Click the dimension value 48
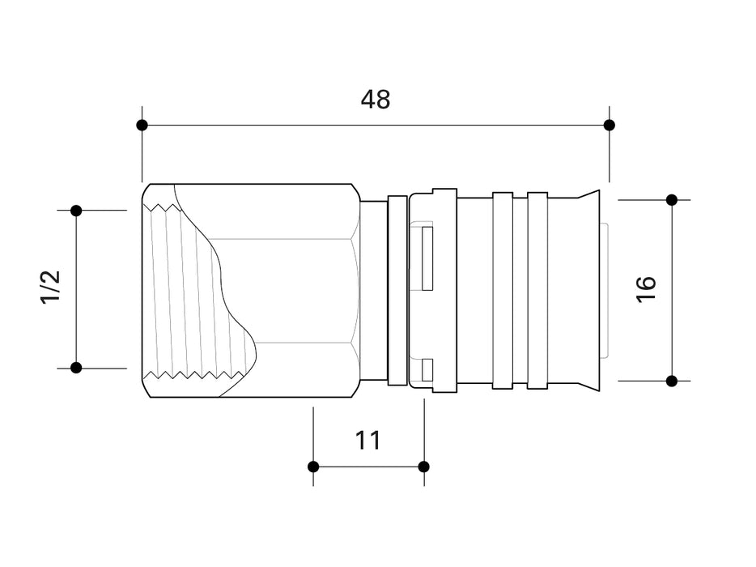(x=376, y=99)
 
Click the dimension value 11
(x=368, y=441)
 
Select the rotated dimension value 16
(x=646, y=289)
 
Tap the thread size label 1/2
(x=50, y=288)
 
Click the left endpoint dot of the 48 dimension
(x=142, y=125)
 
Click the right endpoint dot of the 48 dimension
(x=609, y=125)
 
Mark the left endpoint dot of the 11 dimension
(x=313, y=467)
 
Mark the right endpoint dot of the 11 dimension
(x=423, y=467)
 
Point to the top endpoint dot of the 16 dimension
(x=671, y=199)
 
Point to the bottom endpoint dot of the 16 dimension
(x=671, y=380)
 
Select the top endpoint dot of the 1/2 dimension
(x=76, y=211)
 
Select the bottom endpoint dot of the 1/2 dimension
(x=76, y=368)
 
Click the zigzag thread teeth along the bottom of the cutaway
(x=194, y=376)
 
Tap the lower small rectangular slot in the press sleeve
(x=427, y=369)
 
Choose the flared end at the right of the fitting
(x=588, y=289)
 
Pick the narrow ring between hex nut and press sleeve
(x=397, y=289)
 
